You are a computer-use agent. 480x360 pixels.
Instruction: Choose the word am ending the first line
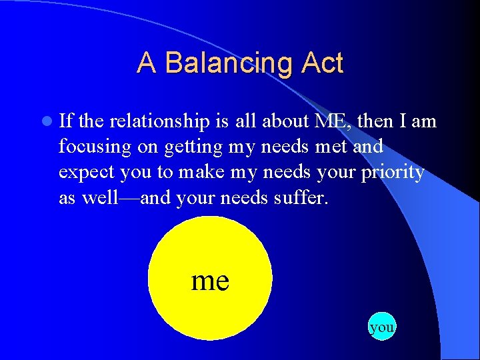(x=423, y=121)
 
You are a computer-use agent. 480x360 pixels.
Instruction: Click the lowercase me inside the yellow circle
(x=210, y=280)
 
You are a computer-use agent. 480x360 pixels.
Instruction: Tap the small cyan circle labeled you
(x=381, y=327)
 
